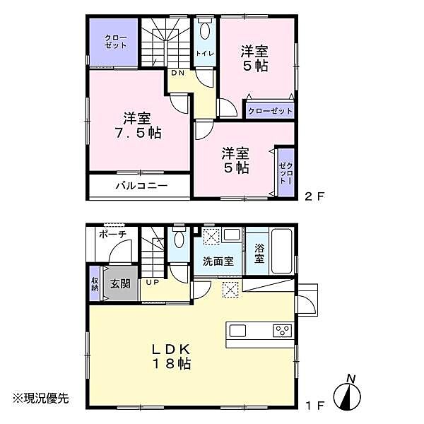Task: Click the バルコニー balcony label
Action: pyautogui.click(x=141, y=187)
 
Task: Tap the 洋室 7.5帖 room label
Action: pyautogui.click(x=138, y=125)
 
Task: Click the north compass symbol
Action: pyautogui.click(x=352, y=393)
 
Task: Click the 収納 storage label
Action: pyautogui.click(x=95, y=283)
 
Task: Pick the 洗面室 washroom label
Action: pyautogui.click(x=218, y=261)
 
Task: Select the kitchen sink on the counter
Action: pyautogui.click(x=237, y=331)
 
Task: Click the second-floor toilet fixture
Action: pyautogui.click(x=205, y=30)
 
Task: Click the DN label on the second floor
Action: pyautogui.click(x=177, y=73)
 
